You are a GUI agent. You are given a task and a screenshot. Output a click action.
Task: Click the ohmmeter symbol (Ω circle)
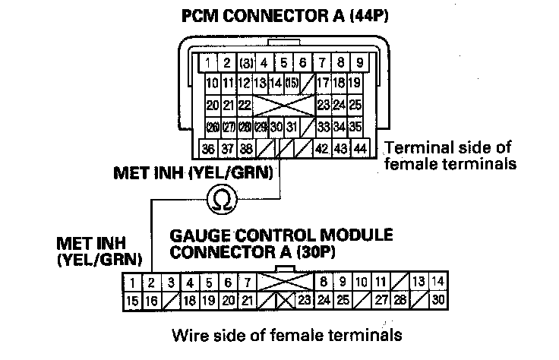click(x=225, y=199)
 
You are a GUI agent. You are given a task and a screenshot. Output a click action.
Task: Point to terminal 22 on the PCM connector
click(x=245, y=104)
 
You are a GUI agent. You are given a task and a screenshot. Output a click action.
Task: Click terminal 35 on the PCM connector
click(x=356, y=125)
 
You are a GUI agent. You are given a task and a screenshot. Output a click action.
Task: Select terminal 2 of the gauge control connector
click(x=151, y=284)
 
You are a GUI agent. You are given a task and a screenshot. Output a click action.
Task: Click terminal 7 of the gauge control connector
click(x=247, y=284)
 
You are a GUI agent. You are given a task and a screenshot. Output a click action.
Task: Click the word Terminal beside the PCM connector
click(x=415, y=147)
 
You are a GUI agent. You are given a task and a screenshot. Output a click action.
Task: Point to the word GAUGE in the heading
click(x=195, y=235)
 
